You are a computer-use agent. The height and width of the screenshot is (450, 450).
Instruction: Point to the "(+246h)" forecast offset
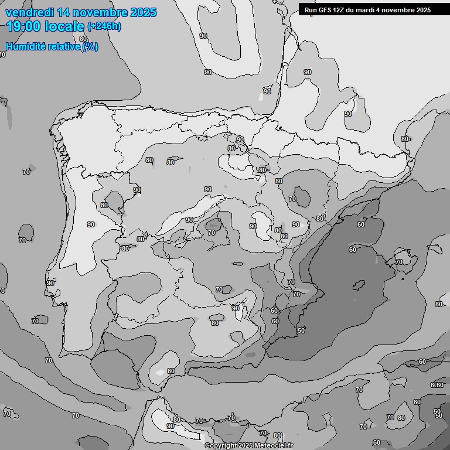point(104,26)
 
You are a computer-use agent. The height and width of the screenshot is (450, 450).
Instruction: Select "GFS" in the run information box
point(326,10)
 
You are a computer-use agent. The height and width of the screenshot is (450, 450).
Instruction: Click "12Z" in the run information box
point(342,10)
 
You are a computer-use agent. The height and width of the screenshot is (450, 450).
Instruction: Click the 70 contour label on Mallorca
point(399,262)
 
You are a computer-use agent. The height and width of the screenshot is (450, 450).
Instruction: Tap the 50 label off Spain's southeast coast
point(301,330)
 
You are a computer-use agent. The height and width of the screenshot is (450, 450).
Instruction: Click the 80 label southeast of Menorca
point(439,304)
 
